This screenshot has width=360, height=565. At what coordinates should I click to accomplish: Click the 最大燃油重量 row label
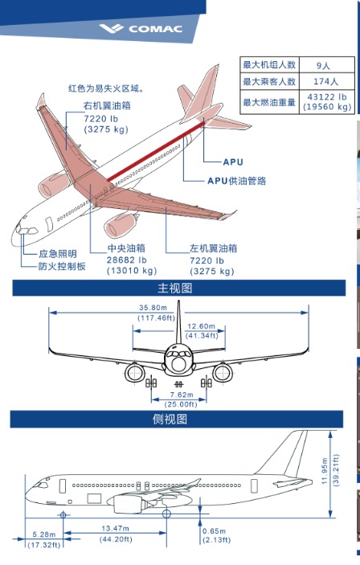click(269, 102)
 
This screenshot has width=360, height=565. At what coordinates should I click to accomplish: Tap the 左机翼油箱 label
click(201, 248)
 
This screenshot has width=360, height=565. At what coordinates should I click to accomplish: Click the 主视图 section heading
click(178, 288)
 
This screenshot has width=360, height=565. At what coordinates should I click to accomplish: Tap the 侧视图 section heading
click(178, 419)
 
